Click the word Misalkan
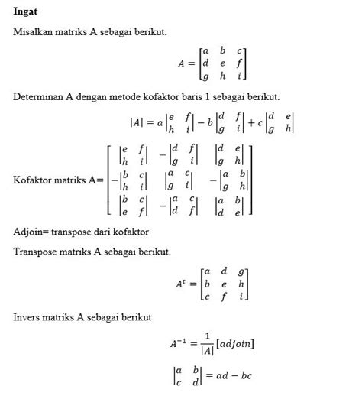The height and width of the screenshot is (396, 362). (x=34, y=31)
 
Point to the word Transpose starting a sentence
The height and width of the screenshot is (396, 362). (x=35, y=252)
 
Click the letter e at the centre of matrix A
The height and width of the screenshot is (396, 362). (x=222, y=63)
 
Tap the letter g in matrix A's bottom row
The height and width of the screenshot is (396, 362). (x=204, y=76)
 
